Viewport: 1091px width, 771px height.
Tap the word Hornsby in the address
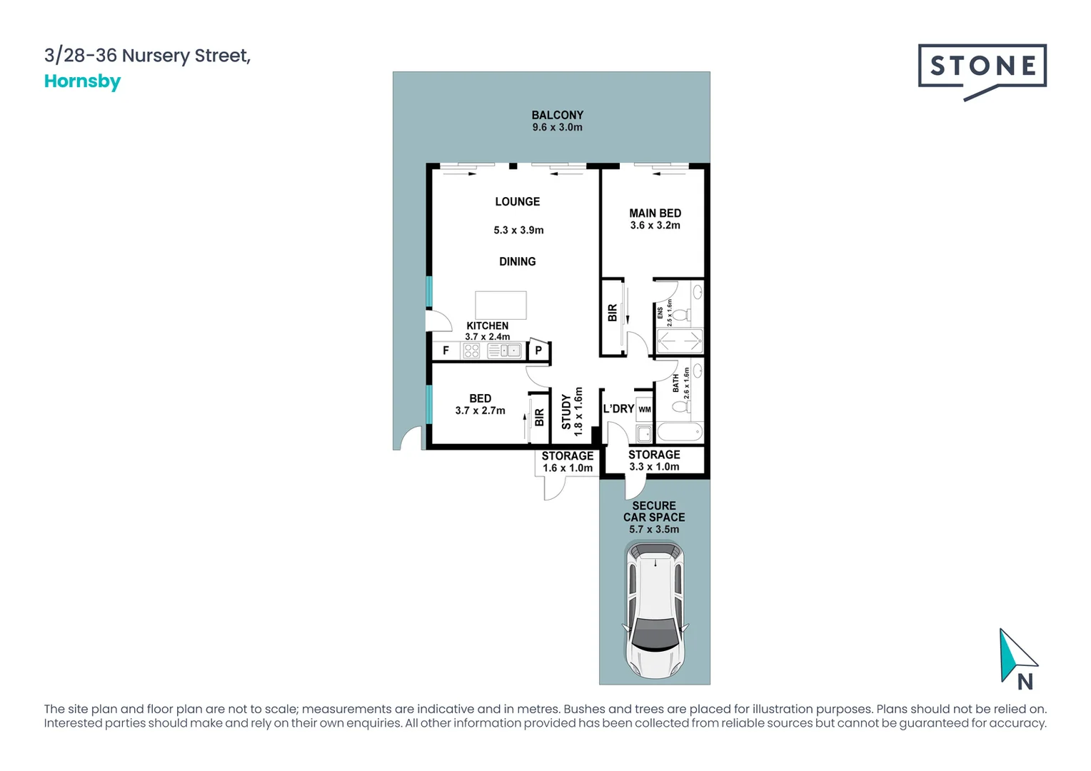[x=82, y=81]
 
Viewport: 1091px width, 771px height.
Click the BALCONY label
[x=557, y=115]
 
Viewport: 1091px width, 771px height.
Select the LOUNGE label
[x=517, y=202]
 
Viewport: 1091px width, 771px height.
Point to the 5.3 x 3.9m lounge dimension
[x=518, y=230]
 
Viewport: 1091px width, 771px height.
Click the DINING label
[x=517, y=262]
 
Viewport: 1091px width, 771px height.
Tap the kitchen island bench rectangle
[x=501, y=305]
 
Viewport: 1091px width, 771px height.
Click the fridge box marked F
[x=446, y=351]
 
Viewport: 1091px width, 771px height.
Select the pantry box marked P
[x=538, y=351]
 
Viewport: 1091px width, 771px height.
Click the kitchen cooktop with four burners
[x=471, y=351]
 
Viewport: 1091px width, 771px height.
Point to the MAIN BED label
[x=655, y=213]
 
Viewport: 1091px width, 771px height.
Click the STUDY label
[x=566, y=412]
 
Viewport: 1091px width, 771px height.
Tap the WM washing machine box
[x=644, y=410]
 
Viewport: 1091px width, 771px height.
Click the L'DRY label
[x=618, y=409]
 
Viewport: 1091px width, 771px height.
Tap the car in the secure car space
[x=655, y=610]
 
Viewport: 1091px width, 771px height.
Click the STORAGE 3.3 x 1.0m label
[x=654, y=460]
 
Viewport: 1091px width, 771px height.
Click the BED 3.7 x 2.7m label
[x=480, y=405]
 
